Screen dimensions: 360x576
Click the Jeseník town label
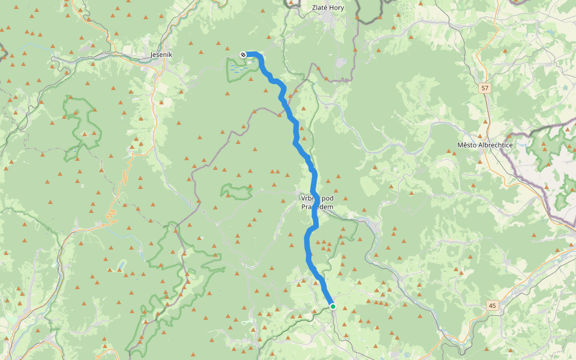coord(161,55)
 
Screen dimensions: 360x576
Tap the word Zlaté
coord(320,8)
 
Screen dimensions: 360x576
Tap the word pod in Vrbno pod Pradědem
coord(327,199)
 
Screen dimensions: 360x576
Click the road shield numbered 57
coord(484,88)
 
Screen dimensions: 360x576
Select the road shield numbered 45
coord(493,306)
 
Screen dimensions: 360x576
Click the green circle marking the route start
coord(332,307)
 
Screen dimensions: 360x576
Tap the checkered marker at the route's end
coord(243,55)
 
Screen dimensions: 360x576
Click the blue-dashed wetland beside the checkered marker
coord(238,70)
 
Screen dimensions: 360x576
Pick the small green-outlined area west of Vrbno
coord(237,192)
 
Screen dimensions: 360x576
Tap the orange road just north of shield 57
coord(479,66)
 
